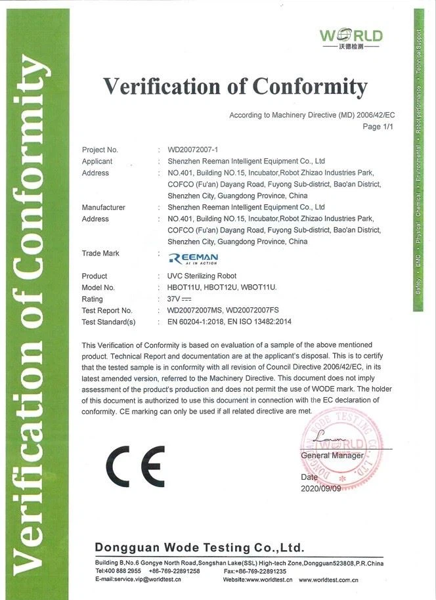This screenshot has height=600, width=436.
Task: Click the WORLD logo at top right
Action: [x=351, y=39]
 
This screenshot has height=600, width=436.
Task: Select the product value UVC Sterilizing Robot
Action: [x=202, y=276]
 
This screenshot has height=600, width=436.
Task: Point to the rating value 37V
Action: [x=179, y=299]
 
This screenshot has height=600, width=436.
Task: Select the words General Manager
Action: [x=332, y=456]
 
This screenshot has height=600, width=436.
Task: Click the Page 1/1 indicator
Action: [x=377, y=127]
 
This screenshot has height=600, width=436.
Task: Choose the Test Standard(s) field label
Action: [x=108, y=322]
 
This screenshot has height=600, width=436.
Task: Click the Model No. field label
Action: [x=98, y=288]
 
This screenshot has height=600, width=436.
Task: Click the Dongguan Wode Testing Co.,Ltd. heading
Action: [x=200, y=547]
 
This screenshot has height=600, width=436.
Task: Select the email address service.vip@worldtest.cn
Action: [x=147, y=580]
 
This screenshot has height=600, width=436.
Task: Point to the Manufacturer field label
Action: [x=103, y=207]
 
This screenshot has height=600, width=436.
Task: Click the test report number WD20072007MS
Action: [x=194, y=311]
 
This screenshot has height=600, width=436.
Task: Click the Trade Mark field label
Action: [x=100, y=253]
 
